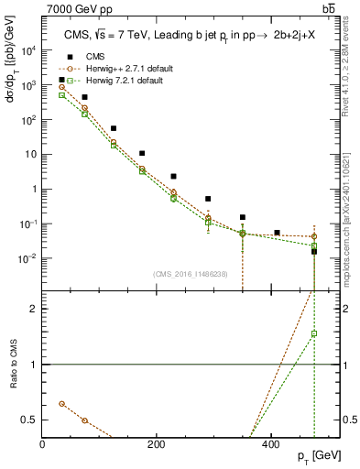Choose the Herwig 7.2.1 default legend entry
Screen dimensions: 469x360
coord(118,81)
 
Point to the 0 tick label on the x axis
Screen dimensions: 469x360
coord(43,443)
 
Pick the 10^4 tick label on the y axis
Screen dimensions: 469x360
coord(27,50)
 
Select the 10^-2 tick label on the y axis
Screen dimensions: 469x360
coord(27,258)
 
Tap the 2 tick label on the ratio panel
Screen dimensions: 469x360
coord(35,309)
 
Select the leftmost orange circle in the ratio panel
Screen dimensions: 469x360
coord(61,403)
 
